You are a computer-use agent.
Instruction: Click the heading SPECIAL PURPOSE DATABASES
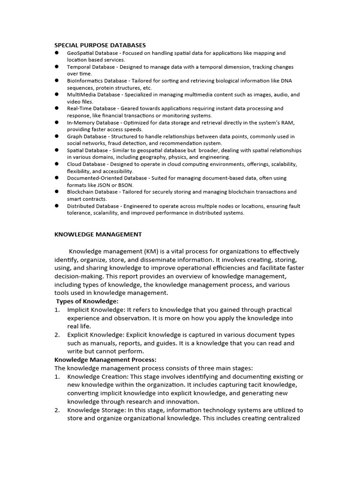[x=100, y=45]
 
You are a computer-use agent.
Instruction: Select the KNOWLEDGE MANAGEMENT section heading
[x=98, y=234]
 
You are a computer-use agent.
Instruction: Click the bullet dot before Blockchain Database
[x=56, y=192]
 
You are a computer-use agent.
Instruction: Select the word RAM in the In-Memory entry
[x=288, y=122]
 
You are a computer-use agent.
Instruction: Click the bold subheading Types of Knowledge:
[x=87, y=301]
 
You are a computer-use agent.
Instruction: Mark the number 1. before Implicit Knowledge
[x=57, y=310]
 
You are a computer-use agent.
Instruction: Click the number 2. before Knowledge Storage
[x=57, y=410]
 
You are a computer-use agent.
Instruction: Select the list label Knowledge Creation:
[x=97, y=377]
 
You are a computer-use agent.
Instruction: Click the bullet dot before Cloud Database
[x=56, y=164]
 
